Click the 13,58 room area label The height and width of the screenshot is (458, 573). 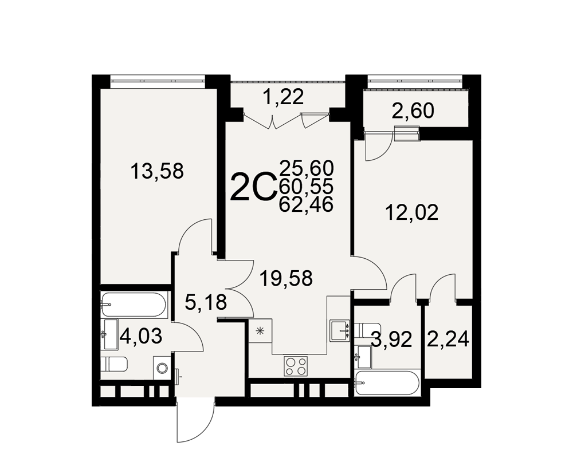pyautogui.click(x=157, y=171)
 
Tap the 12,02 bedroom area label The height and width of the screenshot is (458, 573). pyautogui.click(x=411, y=212)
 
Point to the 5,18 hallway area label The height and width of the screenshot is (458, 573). pyautogui.click(x=206, y=302)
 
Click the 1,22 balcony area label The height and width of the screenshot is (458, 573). pyautogui.click(x=284, y=97)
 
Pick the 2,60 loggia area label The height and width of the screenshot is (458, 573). pyautogui.click(x=413, y=111)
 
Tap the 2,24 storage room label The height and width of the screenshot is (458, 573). pyautogui.click(x=448, y=340)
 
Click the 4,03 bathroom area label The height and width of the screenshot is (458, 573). pyautogui.click(x=141, y=336)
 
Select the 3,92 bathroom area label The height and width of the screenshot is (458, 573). pyautogui.click(x=391, y=340)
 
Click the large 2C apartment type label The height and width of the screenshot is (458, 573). pyautogui.click(x=253, y=187)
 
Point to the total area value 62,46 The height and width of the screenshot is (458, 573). pyautogui.click(x=306, y=204)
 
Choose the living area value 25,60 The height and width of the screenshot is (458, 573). pyautogui.click(x=306, y=168)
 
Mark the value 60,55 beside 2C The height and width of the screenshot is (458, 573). pyautogui.click(x=306, y=187)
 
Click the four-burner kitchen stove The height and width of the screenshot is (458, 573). pyautogui.click(x=296, y=366)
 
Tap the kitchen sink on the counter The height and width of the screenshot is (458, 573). pyautogui.click(x=340, y=330)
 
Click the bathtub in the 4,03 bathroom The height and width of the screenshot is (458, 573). pyautogui.click(x=134, y=304)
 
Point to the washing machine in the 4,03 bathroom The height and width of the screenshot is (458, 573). pyautogui.click(x=161, y=367)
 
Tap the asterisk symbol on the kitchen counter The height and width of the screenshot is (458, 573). pyautogui.click(x=260, y=331)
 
